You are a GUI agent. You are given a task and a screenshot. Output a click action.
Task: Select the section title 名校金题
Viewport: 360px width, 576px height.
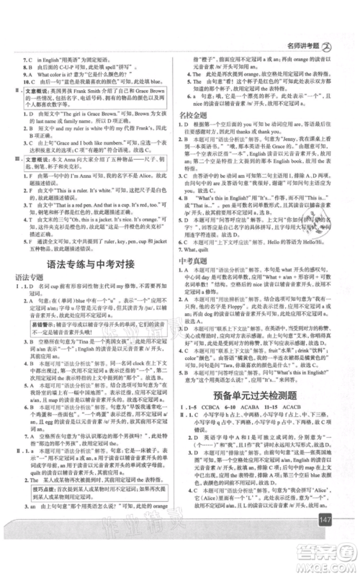(191, 114)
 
